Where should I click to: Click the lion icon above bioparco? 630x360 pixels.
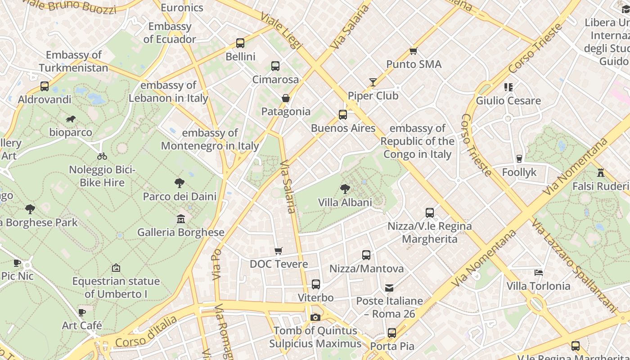point(71,119)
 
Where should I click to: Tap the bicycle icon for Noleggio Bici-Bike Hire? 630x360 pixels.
point(102,156)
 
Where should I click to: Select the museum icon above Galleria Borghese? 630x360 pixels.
point(181,219)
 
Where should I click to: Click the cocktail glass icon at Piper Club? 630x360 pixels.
point(373,82)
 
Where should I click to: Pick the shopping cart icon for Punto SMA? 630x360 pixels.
point(414,51)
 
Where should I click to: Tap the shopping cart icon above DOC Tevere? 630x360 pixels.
point(279,251)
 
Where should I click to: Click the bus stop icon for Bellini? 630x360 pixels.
point(240,43)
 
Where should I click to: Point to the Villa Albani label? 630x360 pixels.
point(345,202)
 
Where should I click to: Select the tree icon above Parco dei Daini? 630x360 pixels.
point(180,183)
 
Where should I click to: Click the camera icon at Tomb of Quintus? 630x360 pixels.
point(315,317)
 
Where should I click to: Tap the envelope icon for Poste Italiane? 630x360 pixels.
point(389,288)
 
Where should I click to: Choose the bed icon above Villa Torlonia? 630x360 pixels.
point(538,272)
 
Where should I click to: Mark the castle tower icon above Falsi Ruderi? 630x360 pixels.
point(600,172)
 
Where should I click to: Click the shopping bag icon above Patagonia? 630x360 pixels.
point(286,98)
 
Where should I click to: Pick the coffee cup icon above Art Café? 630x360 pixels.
point(82,312)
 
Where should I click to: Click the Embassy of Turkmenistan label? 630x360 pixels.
point(73,61)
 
